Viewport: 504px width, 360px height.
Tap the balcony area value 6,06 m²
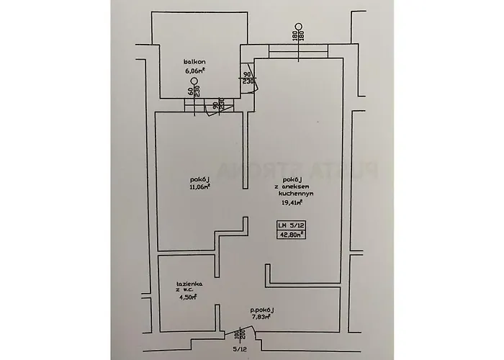point(195,71)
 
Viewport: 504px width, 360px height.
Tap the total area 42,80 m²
point(292,233)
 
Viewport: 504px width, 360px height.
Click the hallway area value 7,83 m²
point(261,316)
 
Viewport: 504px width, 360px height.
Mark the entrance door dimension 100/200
point(238,336)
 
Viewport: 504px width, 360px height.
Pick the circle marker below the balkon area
point(193,81)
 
